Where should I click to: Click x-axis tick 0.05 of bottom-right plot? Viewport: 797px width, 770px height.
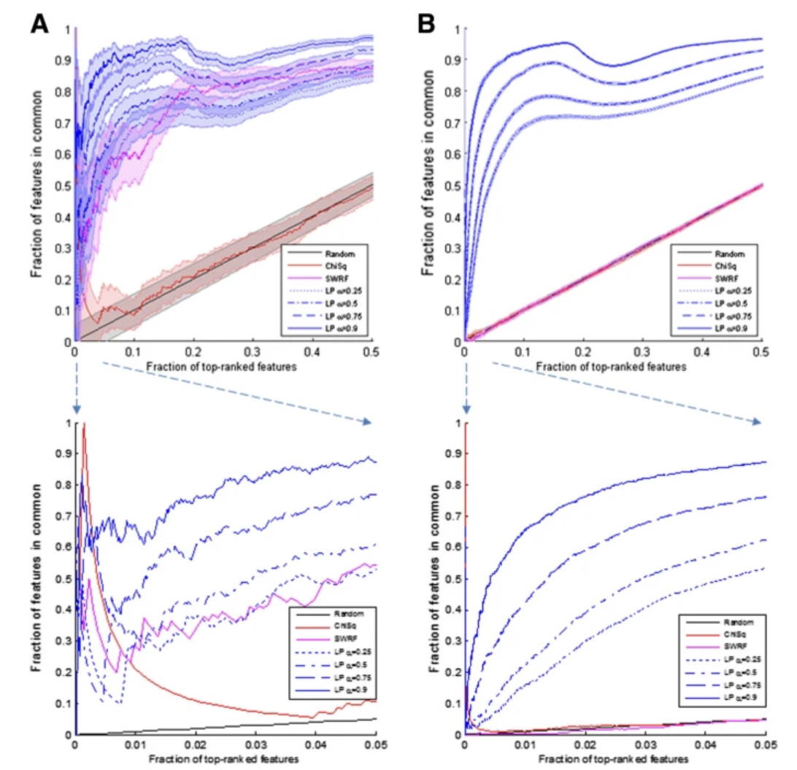(761, 746)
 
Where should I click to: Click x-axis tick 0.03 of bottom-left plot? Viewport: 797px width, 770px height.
(253, 746)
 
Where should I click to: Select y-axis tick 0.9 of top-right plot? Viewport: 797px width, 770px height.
(454, 60)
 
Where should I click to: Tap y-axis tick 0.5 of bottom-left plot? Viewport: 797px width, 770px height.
(65, 578)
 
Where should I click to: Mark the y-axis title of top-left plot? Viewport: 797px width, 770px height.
(36, 184)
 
